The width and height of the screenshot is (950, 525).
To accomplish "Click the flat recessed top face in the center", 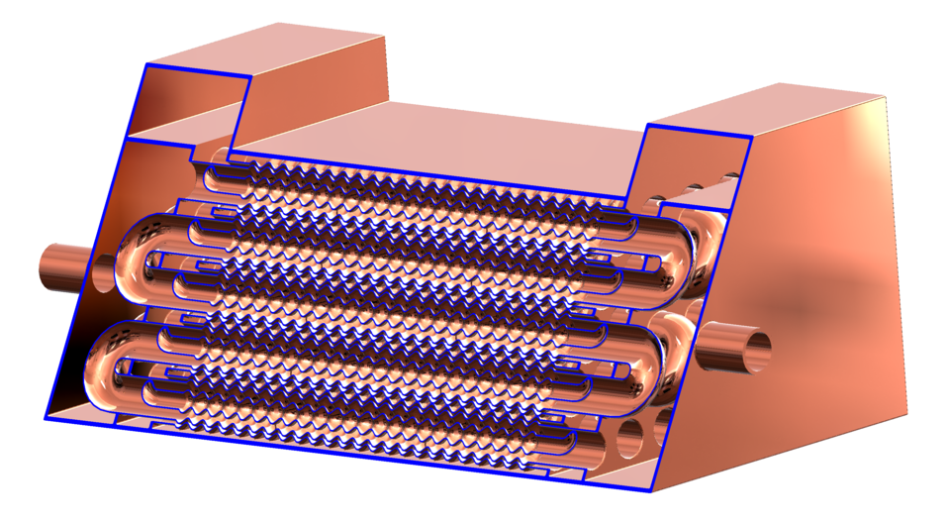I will coord(445,134).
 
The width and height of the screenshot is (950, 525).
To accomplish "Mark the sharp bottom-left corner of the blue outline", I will coord(46,419).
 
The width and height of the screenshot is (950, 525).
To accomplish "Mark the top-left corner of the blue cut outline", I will coord(146,64).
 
